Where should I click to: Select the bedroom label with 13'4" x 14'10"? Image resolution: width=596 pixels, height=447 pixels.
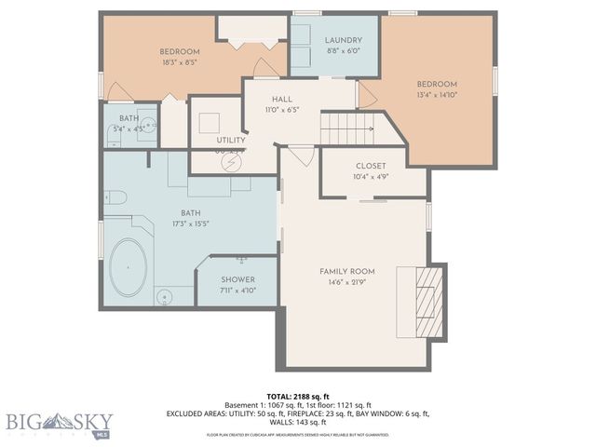pyautogui.click(x=436, y=84)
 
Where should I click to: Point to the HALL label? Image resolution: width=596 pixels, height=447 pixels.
pyautogui.click(x=282, y=98)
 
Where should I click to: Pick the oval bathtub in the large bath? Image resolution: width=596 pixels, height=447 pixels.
pyautogui.click(x=129, y=268)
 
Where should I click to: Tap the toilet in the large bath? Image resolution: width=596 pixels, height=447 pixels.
pyautogui.click(x=113, y=196)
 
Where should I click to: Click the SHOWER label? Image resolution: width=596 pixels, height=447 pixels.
pyautogui.click(x=237, y=279)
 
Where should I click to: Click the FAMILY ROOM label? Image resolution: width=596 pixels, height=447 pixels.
pyautogui.click(x=347, y=271)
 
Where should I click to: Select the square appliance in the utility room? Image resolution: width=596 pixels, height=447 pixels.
pyautogui.click(x=206, y=122)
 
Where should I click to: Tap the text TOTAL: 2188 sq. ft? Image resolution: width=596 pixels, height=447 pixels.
pyautogui.click(x=298, y=395)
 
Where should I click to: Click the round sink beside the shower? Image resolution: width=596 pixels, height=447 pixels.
pyautogui.click(x=165, y=297)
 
